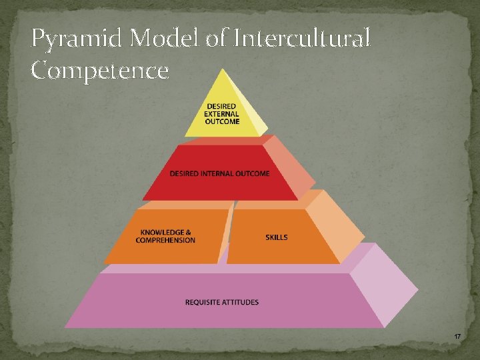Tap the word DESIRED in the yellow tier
(x=220, y=107)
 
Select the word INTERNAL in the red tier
(x=220, y=173)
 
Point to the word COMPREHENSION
(x=165, y=241)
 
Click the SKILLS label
(x=277, y=237)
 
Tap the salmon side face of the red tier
(x=293, y=167)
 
